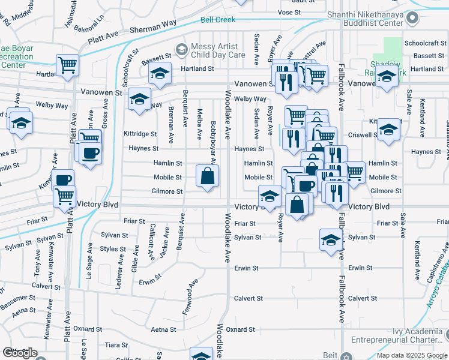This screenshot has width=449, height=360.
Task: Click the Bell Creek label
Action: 217,20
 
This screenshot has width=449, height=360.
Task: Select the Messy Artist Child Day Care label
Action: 218,50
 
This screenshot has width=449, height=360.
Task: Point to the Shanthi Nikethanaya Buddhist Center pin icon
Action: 412,18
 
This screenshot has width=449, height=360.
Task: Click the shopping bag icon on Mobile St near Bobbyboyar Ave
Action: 207,176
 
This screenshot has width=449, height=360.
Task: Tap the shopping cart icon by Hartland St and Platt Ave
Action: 68,65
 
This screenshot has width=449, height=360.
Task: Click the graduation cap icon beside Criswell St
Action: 388,130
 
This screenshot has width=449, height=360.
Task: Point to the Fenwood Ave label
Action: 190,298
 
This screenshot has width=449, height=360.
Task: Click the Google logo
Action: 20,353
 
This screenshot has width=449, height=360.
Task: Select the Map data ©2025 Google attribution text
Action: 412,355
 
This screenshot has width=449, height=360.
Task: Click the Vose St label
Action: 289,12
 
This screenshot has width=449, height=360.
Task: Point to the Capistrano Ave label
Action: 438,262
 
